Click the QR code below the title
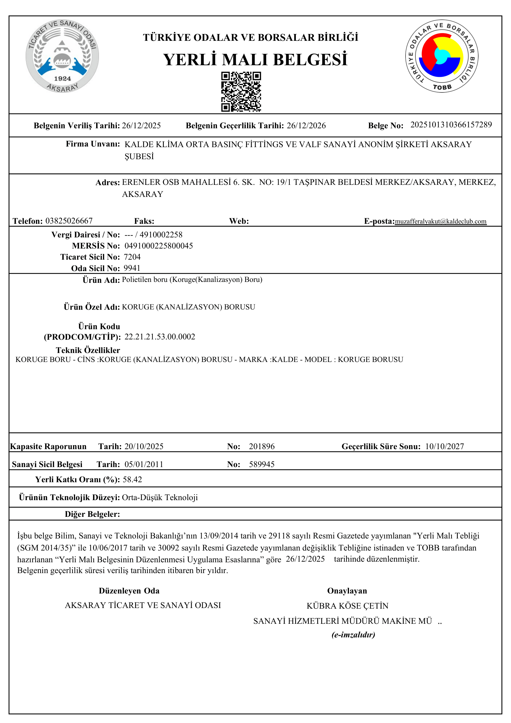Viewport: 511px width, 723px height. (241, 91)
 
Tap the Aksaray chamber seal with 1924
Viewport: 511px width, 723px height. (62, 56)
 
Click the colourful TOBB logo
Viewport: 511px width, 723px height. (441, 56)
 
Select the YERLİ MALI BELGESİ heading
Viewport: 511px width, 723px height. (255, 60)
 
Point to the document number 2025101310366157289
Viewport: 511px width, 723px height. (451, 125)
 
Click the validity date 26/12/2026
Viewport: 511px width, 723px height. (306, 125)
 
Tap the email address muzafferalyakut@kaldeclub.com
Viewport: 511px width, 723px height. (441, 221)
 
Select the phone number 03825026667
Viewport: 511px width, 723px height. (69, 221)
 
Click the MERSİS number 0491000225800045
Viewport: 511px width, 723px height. (159, 246)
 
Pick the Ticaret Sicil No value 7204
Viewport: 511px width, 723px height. (132, 257)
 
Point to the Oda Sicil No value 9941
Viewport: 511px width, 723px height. (132, 268)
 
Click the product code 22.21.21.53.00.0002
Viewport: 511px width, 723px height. (160, 337)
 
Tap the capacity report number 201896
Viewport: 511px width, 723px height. (262, 446)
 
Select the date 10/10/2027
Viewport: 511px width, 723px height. (444, 446)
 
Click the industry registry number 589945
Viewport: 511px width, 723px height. (262, 464)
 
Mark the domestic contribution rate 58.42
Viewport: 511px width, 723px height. (132, 479)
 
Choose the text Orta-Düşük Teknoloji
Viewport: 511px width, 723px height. (160, 497)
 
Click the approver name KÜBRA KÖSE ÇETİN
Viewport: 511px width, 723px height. (347, 606)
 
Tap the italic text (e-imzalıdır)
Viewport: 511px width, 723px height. (353, 634)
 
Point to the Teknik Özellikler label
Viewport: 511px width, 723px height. (88, 350)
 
